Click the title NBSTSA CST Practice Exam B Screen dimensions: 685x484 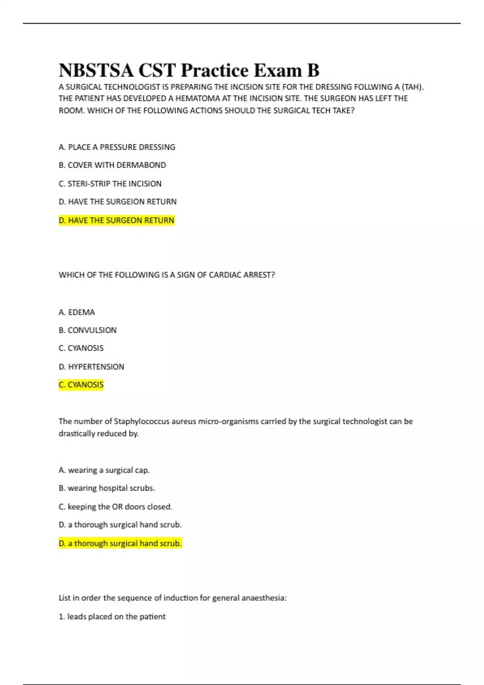[189, 70]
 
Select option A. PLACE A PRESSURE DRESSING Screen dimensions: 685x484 [117, 147]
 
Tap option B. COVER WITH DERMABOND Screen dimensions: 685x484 [112, 165]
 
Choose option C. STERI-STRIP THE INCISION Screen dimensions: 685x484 [110, 184]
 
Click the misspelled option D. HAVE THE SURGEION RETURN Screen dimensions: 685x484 [117, 201]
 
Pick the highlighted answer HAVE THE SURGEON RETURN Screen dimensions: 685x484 [117, 220]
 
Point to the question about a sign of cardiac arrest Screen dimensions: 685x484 [167, 275]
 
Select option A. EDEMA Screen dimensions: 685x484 [77, 312]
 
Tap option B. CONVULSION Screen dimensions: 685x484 [88, 330]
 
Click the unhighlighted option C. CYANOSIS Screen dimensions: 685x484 [81, 348]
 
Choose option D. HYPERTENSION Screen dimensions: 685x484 [91, 367]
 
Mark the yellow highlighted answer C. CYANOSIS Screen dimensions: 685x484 [81, 385]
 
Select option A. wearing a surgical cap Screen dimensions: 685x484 [104, 470]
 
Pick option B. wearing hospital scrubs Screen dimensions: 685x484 [106, 488]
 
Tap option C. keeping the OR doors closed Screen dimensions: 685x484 [115, 507]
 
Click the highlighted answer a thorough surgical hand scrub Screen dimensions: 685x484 [120, 544]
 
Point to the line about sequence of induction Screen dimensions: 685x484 [173, 598]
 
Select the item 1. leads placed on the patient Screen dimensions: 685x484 [112, 616]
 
